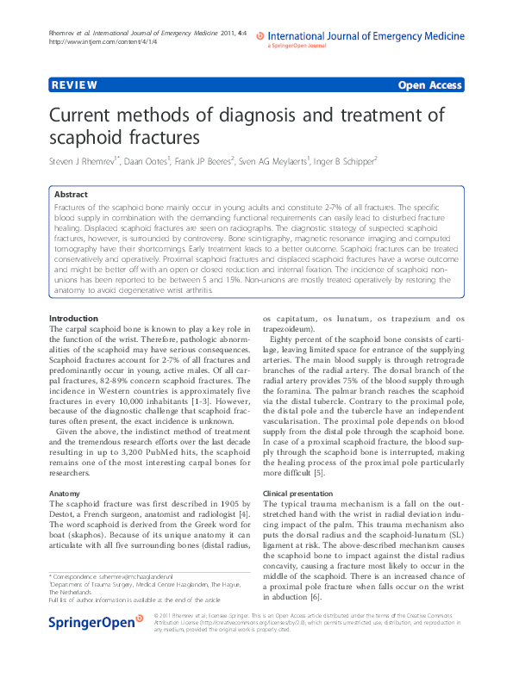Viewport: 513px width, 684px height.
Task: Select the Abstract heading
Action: tap(71, 195)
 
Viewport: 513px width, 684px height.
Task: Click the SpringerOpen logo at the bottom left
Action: tap(95, 647)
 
